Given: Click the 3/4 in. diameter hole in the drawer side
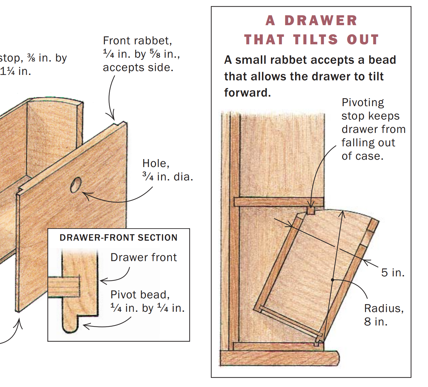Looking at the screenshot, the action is point(76,185).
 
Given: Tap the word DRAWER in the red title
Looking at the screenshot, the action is point(321,21).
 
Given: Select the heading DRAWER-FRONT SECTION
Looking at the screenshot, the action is point(118,237).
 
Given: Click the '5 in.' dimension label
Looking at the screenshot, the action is point(393,273).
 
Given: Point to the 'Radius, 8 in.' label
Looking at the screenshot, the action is point(384,315).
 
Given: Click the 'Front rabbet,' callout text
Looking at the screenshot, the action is point(137,40).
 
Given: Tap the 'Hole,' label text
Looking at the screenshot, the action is point(156,163).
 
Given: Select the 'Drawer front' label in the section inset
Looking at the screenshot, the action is point(144,257).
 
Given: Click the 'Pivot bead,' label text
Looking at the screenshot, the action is point(140,295).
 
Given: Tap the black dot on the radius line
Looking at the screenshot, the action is point(333,280).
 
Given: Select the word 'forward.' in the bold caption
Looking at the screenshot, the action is point(248,93).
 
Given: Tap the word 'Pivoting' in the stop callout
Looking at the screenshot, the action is point(363,103).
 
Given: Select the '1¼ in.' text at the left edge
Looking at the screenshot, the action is point(15,71).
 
